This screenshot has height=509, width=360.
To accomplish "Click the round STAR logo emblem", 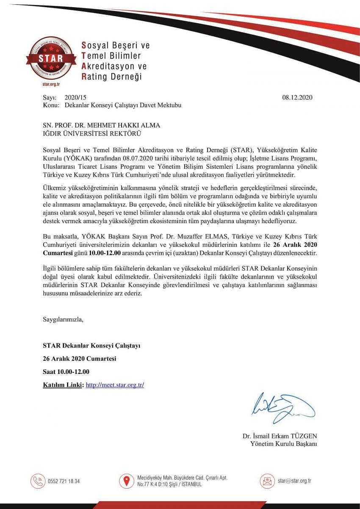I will click(x=50, y=58).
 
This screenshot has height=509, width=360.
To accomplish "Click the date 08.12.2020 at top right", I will click(x=297, y=97).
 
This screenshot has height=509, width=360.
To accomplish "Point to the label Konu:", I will click(x=51, y=105).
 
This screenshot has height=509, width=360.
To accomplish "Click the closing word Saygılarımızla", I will click(x=63, y=319).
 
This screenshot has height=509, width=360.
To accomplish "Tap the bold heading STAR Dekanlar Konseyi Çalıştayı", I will click(x=91, y=346).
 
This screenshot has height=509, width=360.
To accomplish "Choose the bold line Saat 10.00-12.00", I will click(x=66, y=372).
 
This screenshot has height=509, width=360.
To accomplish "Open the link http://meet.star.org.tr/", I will click(x=115, y=385).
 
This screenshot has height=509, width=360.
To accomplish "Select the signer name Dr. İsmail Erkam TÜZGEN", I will click(x=280, y=436).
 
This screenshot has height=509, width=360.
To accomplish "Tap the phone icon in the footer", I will click(x=38, y=481).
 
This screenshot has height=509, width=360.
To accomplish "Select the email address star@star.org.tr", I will click(x=294, y=481).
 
